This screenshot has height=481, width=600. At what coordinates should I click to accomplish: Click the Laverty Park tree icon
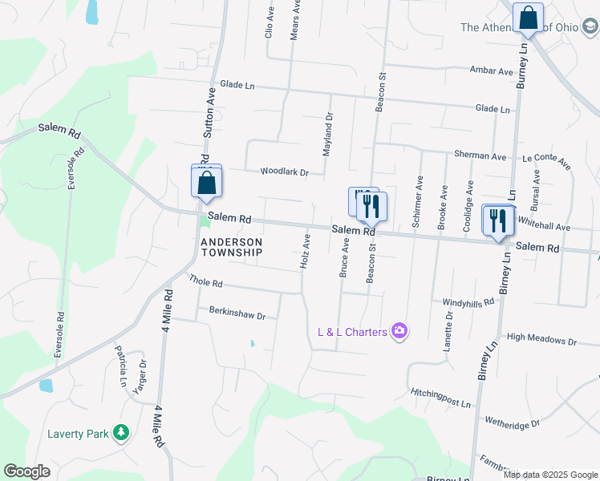click(121, 434)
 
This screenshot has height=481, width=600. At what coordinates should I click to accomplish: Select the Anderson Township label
click(231, 247)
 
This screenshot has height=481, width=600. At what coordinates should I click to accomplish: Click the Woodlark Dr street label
click(284, 172)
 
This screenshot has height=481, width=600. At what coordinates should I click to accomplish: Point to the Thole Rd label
click(205, 281)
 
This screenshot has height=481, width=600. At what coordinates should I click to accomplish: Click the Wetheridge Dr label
click(512, 421)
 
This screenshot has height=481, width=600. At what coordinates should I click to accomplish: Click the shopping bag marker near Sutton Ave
click(207, 181)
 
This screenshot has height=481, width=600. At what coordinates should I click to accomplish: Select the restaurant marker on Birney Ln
click(498, 220)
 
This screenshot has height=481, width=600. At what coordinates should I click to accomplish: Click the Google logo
click(27, 471)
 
